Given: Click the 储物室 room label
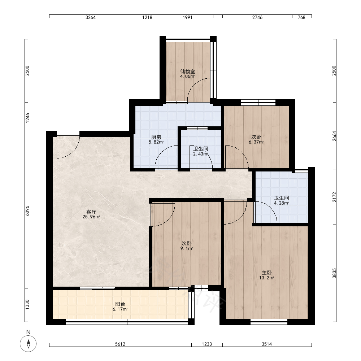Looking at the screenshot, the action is (x=188, y=71).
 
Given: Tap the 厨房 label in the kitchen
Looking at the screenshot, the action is (x=156, y=137).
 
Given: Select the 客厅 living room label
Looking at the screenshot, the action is (x=91, y=212).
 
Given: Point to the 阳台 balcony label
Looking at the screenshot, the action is (x=120, y=304).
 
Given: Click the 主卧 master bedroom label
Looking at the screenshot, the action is (x=267, y=273).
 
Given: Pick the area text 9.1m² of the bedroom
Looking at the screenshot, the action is (x=187, y=249).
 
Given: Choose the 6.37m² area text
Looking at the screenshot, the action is (x=256, y=142).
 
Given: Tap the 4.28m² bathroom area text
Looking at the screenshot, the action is (x=281, y=203).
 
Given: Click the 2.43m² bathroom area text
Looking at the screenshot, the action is (x=200, y=154).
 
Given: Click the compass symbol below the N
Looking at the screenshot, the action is (x=28, y=344).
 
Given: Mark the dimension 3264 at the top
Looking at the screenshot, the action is (x=91, y=17).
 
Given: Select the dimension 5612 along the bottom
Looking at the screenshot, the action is (x=120, y=344).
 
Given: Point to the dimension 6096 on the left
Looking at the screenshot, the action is (x=27, y=210).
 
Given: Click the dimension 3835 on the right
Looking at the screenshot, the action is (x=334, y=273).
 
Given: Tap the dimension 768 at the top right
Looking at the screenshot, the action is (x=301, y=17).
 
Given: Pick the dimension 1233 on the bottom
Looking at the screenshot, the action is (x=207, y=344).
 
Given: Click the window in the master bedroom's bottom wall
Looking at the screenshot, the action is (x=269, y=322).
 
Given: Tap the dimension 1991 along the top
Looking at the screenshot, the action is (x=187, y=17).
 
